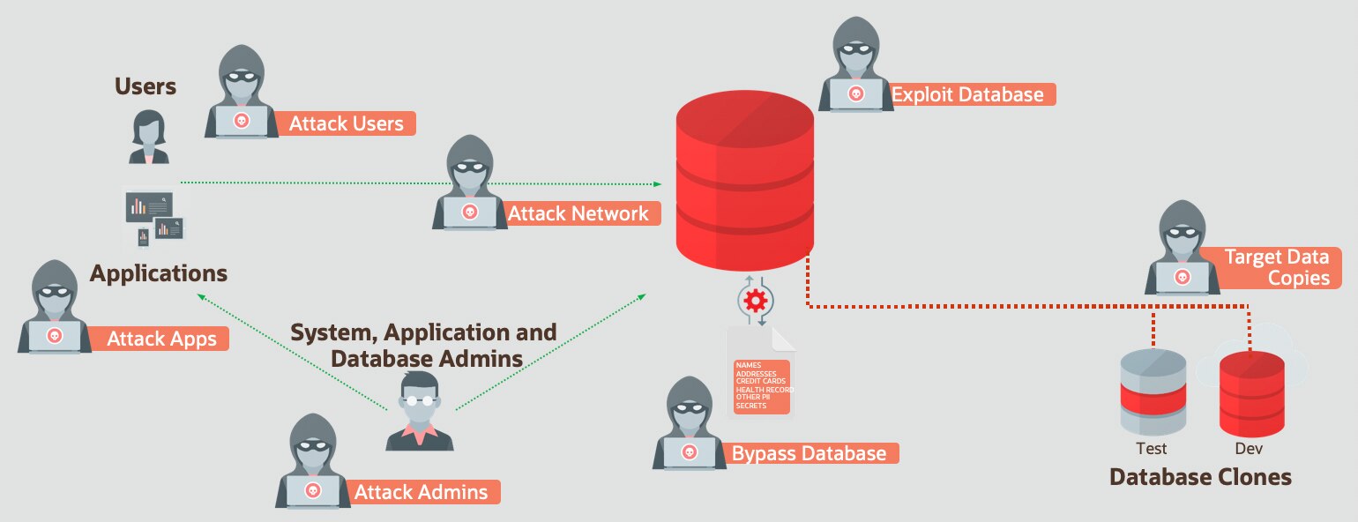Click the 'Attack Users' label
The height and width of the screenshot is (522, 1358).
pos(346,123)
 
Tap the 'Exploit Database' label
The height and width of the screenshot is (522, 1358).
pos(967,94)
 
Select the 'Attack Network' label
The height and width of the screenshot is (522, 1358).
pos(578,213)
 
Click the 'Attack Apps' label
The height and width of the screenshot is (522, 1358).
pos(161,339)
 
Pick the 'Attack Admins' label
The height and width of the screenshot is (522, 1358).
pos(421,492)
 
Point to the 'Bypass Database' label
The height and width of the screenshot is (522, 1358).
pos(809,454)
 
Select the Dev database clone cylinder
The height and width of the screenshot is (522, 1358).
pos(1251,392)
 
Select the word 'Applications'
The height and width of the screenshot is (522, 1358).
pos(159,272)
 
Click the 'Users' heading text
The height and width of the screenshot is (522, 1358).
pos(145,86)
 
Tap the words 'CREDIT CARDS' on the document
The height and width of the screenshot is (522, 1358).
pos(760,381)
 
